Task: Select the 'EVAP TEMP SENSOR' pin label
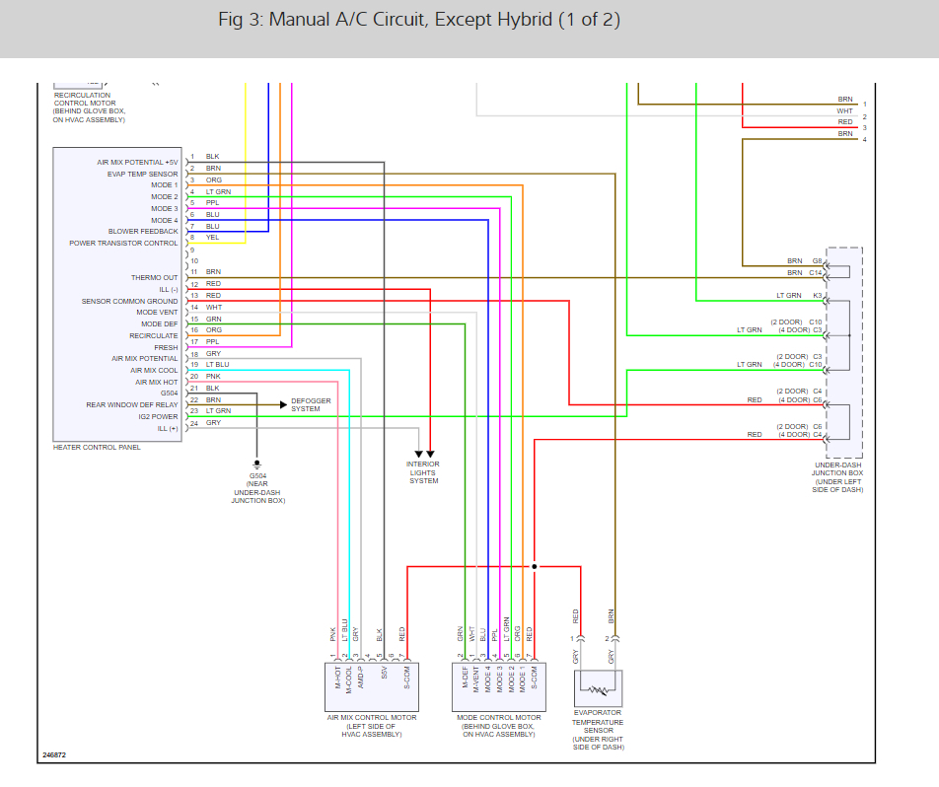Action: tap(142, 174)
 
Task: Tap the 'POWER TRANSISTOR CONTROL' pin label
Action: tap(123, 243)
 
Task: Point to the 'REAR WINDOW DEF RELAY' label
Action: tap(132, 404)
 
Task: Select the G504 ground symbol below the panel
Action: tap(256, 463)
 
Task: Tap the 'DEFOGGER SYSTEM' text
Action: tap(311, 404)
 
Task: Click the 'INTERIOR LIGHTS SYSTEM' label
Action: tap(423, 472)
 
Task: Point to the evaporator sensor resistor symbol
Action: tap(598, 685)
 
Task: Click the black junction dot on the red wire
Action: tap(534, 567)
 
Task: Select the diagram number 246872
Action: tap(55, 756)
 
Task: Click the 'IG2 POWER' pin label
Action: tap(159, 416)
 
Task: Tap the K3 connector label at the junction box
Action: tap(818, 296)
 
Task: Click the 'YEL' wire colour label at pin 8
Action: tap(212, 238)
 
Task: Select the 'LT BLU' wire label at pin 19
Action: tap(217, 365)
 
